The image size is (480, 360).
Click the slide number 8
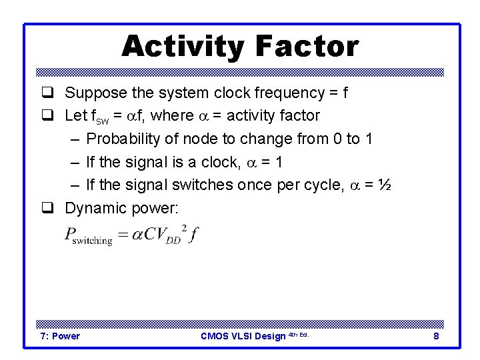coord(436,336)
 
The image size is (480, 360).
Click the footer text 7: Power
coord(60,336)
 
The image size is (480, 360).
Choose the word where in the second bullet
coord(171,116)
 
